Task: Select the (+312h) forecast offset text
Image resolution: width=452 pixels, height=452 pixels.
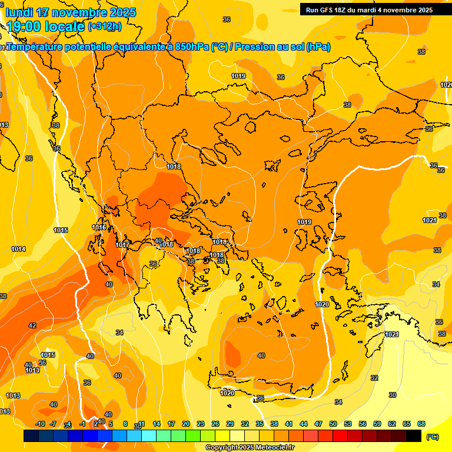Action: tap(104, 26)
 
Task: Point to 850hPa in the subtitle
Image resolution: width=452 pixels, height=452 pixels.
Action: tap(191, 47)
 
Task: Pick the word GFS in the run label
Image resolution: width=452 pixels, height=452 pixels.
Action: tap(327, 10)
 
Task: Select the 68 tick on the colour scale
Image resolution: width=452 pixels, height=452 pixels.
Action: tap(421, 424)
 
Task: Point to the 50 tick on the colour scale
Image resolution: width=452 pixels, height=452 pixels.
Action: tap(333, 424)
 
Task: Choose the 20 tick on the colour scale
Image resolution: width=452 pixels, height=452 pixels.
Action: tap(186, 424)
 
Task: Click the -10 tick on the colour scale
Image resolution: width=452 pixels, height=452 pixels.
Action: tap(41, 424)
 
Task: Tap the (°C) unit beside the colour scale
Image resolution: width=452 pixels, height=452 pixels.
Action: tap(433, 437)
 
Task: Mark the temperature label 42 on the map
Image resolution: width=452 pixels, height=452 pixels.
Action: tap(32, 325)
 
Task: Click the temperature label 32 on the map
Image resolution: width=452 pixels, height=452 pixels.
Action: tap(374, 378)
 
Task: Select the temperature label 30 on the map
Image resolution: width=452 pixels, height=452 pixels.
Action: tap(393, 395)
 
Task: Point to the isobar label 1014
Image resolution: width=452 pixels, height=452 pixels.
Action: tap(18, 250)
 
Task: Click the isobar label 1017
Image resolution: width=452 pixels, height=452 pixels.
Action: tap(122, 245)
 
